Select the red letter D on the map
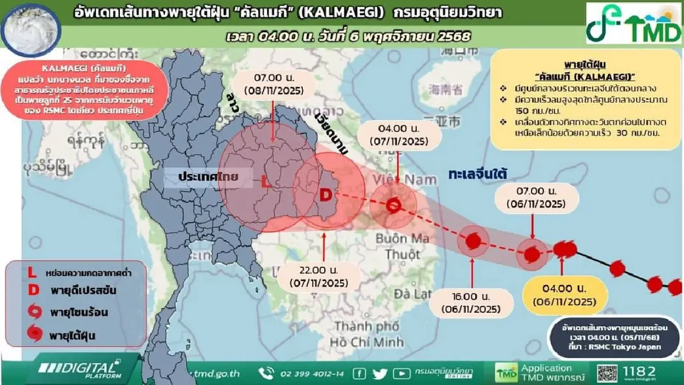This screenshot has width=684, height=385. (325, 195)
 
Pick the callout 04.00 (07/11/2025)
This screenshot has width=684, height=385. (397, 136)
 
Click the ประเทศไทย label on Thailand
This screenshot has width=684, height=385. (207, 178)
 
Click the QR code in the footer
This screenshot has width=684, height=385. (608, 372)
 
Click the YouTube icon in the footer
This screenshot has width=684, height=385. (402, 374)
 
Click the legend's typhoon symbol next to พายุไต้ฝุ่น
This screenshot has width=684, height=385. (35, 331)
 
